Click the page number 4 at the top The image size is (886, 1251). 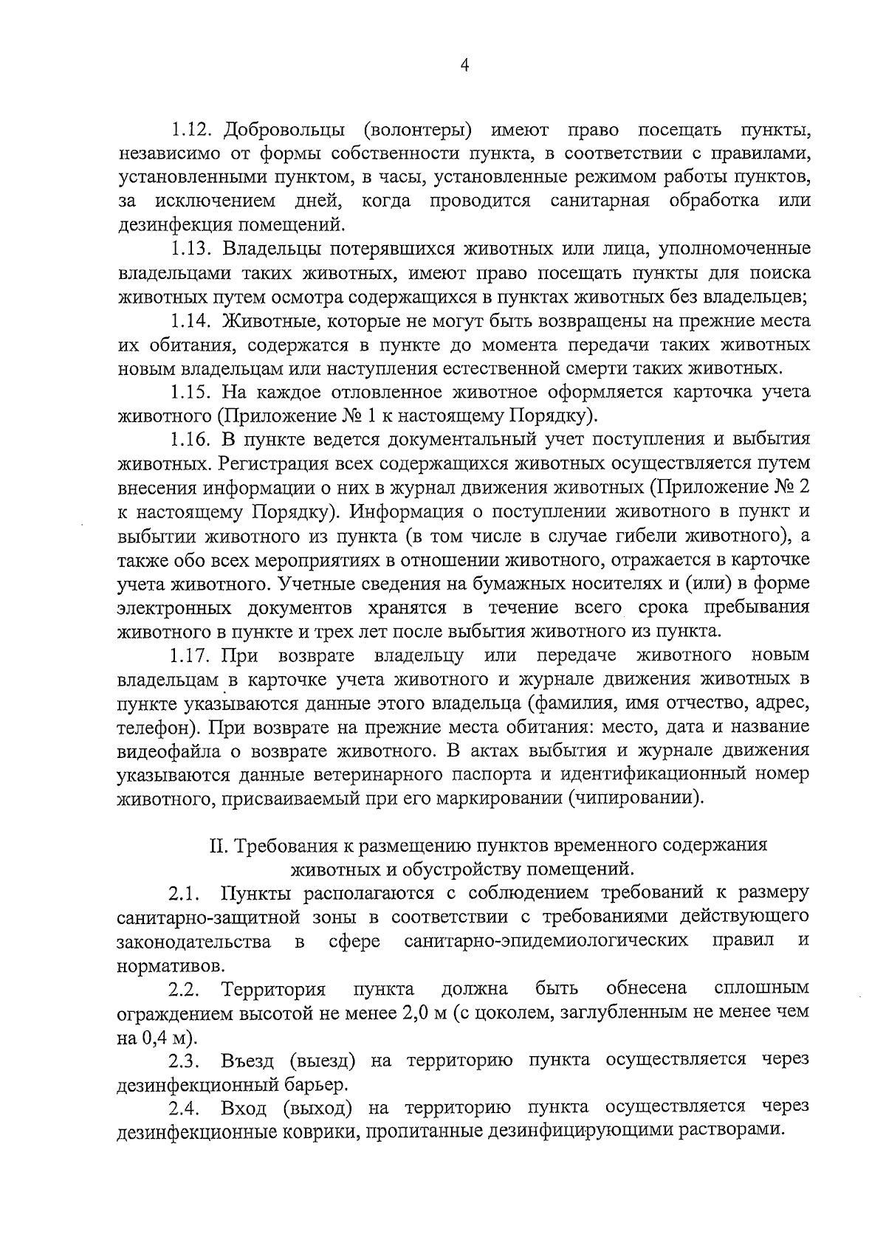(464, 66)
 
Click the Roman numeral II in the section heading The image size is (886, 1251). (217, 846)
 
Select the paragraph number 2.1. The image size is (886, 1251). (185, 894)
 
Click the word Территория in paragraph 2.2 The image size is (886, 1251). (274, 988)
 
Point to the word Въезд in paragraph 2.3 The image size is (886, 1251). (247, 1061)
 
